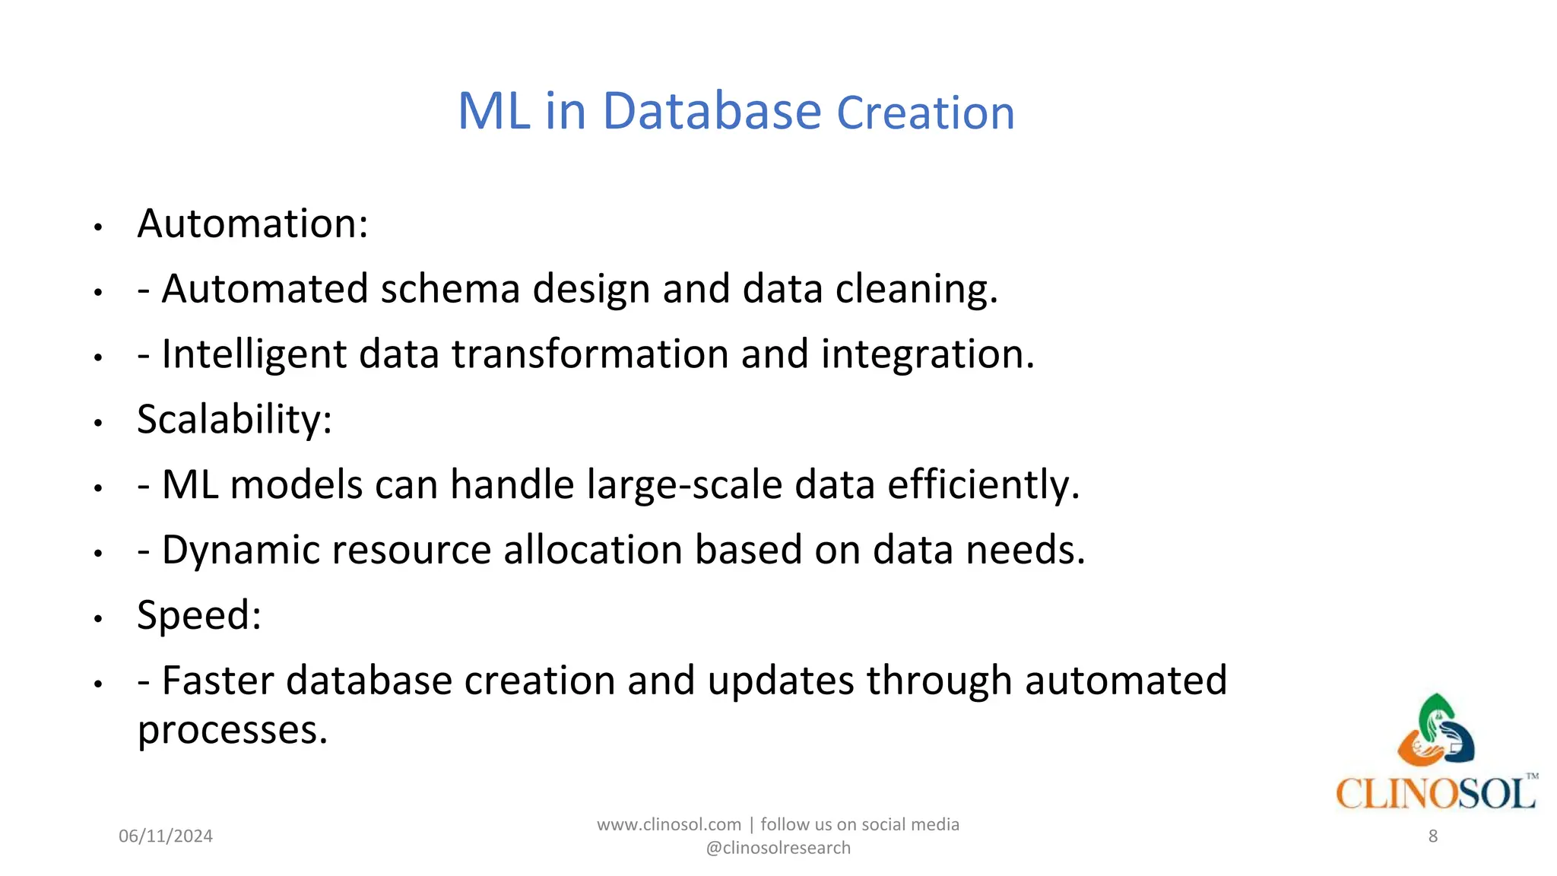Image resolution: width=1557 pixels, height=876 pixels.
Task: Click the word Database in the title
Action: [x=712, y=112]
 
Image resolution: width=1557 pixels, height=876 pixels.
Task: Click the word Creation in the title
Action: [x=925, y=113]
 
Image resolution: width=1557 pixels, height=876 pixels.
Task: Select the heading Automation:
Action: [x=252, y=224]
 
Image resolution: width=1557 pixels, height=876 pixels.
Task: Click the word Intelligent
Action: [x=255, y=354]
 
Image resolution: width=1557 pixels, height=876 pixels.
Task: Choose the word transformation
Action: [x=590, y=354]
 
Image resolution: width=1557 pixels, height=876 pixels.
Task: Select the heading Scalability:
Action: [x=234, y=420]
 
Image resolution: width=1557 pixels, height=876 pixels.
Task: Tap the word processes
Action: [x=232, y=730]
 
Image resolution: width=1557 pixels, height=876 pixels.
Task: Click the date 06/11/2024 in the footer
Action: [x=166, y=836]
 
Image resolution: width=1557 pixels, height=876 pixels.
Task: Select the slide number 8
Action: [x=1432, y=836]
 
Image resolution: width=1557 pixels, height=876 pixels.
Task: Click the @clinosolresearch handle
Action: [x=778, y=848]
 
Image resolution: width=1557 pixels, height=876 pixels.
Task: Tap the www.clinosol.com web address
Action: [x=668, y=825]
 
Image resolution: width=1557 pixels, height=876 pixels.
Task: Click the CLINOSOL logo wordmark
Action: [x=1435, y=794]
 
